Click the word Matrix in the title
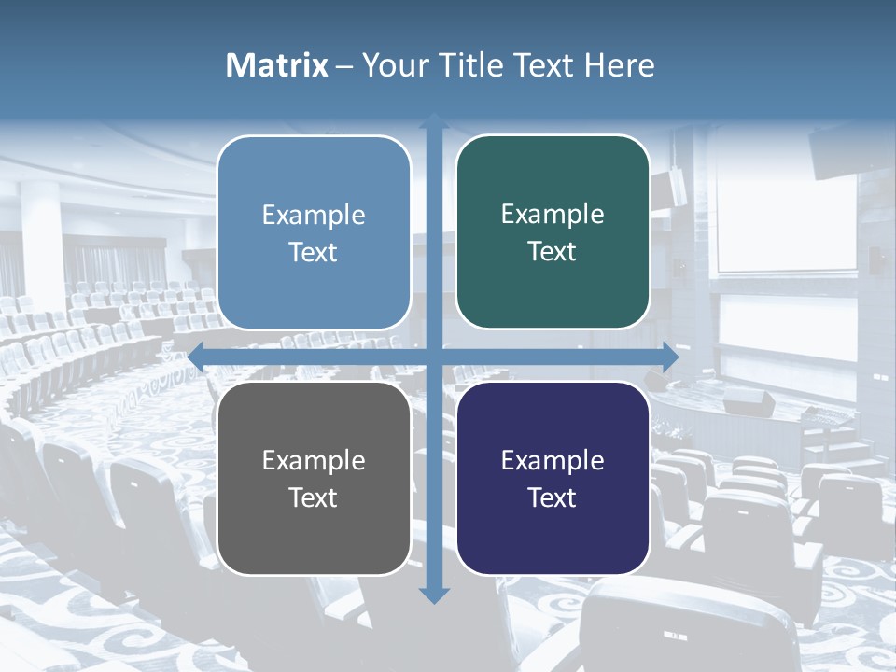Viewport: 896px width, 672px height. click(x=276, y=65)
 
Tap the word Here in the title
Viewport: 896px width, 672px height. click(x=619, y=65)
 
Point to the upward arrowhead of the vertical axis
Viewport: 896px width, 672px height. click(x=434, y=122)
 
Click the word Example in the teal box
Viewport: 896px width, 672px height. click(x=553, y=215)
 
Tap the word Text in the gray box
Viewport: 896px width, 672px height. click(x=314, y=497)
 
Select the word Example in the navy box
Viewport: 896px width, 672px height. click(x=553, y=460)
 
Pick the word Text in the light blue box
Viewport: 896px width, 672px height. click(x=314, y=252)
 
